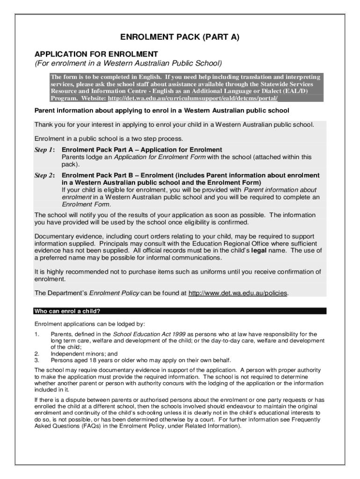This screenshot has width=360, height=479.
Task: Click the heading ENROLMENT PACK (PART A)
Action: tap(180, 37)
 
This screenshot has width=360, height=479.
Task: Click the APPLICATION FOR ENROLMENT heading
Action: tap(96, 54)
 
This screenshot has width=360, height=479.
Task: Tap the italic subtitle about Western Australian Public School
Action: tap(128, 63)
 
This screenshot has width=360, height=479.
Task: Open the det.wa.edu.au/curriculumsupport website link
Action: tap(193, 98)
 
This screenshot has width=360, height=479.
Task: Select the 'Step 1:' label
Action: tap(44, 150)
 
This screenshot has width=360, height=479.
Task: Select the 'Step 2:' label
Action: tap(44, 175)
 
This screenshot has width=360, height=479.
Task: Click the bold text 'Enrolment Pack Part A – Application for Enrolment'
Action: tap(139, 150)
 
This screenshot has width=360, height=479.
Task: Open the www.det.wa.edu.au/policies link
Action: tap(238, 293)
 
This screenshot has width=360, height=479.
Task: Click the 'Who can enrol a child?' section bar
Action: tap(180, 311)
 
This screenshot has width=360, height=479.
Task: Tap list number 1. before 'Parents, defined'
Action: tap(36, 334)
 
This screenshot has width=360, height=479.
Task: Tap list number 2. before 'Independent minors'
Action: tap(36, 354)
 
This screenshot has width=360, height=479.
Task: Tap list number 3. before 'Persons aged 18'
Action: tap(36, 360)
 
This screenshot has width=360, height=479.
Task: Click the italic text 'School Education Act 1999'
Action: tap(149, 334)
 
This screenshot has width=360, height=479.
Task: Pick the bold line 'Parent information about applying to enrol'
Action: tap(162, 111)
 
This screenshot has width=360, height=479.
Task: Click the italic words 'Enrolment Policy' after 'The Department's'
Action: tap(114, 293)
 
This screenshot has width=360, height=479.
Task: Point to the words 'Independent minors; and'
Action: tap(84, 354)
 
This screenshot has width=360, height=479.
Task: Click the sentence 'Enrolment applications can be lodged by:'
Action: tap(90, 324)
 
